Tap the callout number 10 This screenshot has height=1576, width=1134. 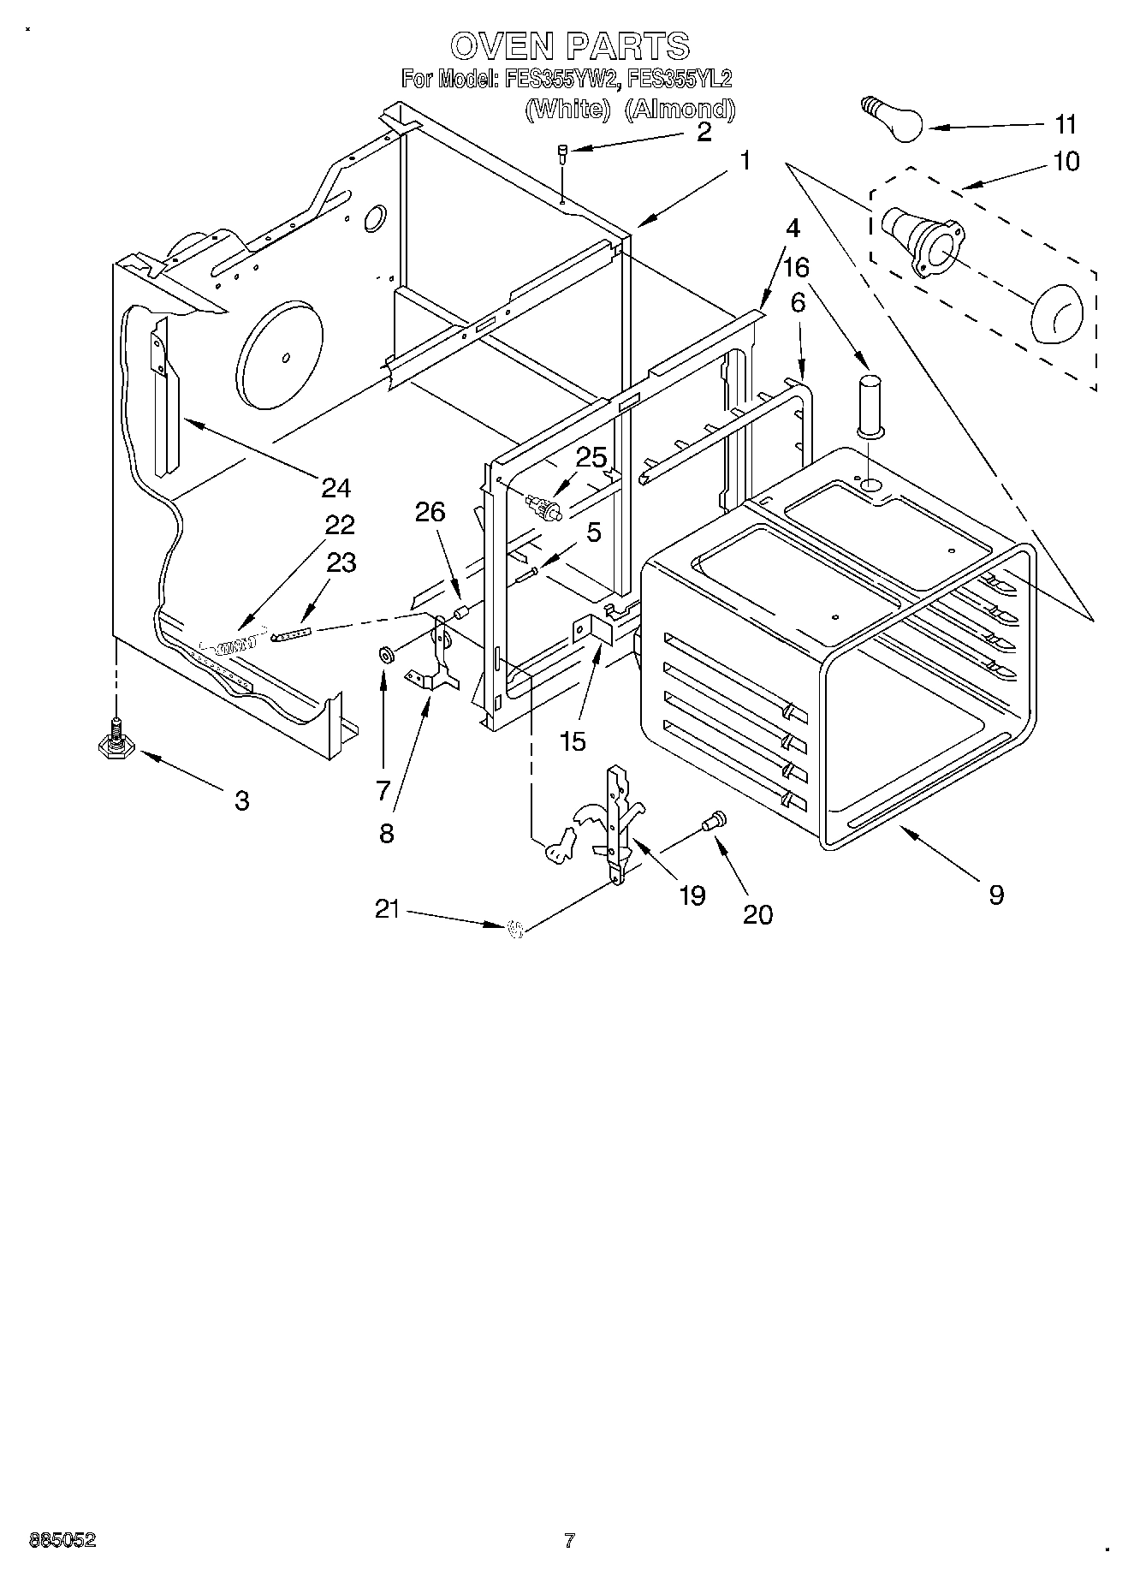(1066, 161)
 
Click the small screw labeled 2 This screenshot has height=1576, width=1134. (562, 154)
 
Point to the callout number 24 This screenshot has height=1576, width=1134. (336, 488)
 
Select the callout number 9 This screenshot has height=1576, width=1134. (995, 895)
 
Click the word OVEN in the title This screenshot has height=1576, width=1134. (497, 45)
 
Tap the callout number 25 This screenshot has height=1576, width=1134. (591, 458)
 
